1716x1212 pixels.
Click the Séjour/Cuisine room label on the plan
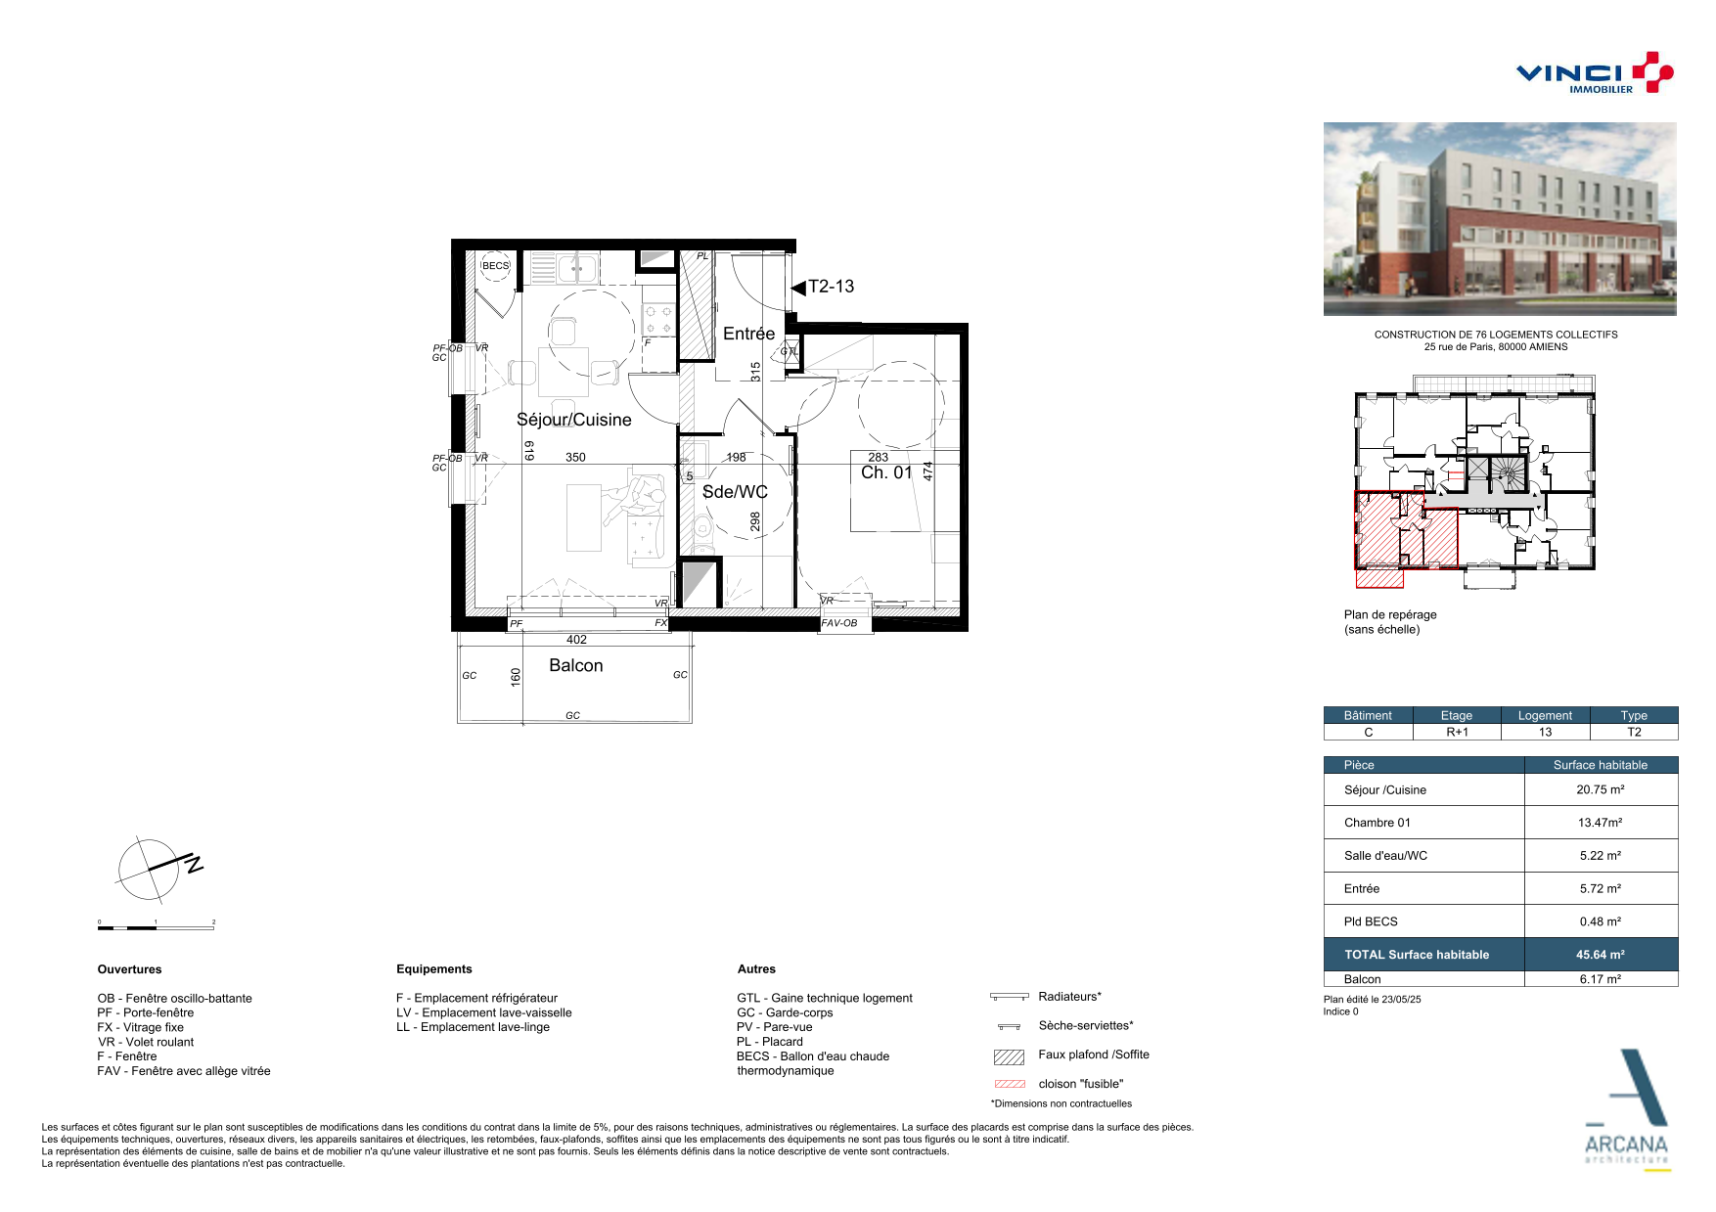click(574, 420)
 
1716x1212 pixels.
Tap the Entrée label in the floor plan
click(748, 334)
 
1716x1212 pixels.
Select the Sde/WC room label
click(735, 492)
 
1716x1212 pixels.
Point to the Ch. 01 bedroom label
click(886, 472)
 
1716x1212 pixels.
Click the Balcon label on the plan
click(576, 665)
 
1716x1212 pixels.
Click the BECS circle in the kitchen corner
click(496, 265)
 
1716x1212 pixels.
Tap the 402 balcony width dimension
click(576, 640)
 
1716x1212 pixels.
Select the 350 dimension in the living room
click(575, 457)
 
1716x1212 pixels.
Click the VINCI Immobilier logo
click(1595, 73)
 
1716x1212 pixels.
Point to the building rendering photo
click(1500, 219)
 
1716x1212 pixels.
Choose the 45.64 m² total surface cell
click(1601, 955)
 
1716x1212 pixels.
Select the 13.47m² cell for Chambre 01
click(1601, 823)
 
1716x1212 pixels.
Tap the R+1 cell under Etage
click(1457, 732)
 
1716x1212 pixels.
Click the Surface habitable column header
click(1601, 765)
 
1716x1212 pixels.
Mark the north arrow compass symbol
click(157, 868)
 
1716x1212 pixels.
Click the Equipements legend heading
click(434, 969)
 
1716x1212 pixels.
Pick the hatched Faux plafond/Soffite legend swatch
click(1009, 1056)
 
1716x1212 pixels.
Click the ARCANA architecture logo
click(1627, 1110)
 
